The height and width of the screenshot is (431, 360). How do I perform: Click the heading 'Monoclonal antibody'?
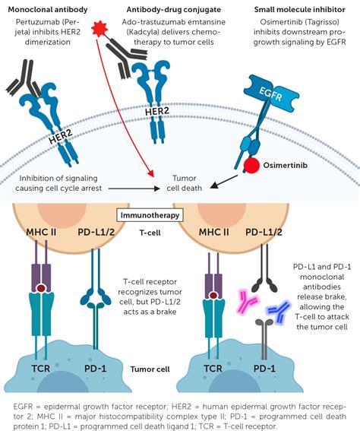[48, 10]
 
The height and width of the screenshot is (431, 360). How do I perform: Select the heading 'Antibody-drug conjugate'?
[174, 10]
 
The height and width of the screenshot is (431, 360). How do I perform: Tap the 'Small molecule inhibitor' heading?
[299, 10]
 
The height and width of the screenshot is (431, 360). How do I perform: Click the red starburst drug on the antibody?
[99, 28]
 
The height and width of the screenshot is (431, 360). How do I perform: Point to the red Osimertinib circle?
[251, 166]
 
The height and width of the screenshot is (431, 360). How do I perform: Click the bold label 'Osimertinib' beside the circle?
[285, 165]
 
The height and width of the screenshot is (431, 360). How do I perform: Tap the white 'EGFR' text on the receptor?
[270, 93]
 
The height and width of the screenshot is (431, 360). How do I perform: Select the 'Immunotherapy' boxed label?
[150, 215]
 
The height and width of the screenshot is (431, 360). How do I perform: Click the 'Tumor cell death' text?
[185, 183]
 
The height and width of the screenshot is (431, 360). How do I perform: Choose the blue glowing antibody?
[279, 312]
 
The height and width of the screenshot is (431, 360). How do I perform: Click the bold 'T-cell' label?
[150, 233]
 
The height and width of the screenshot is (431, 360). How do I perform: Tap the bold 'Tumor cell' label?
[150, 369]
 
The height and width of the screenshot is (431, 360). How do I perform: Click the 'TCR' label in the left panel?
[41, 369]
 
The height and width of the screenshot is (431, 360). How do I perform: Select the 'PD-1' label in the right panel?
[264, 369]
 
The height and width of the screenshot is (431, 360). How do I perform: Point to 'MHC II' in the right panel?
[213, 233]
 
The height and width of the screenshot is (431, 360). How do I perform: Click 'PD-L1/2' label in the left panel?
[96, 233]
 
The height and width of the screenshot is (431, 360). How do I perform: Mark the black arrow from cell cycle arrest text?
[134, 189]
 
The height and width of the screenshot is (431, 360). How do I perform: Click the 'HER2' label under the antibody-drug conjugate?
[157, 112]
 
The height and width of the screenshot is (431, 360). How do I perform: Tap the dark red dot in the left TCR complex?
[41, 288]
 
